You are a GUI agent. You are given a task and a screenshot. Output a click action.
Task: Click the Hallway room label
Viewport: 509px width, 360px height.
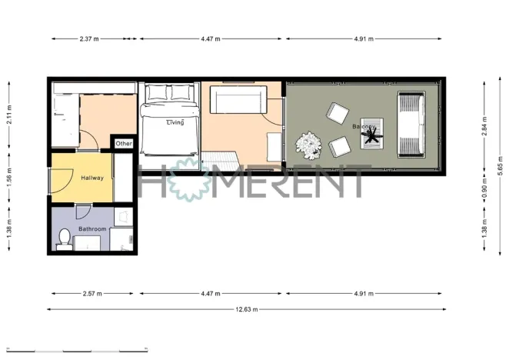coord(92,178)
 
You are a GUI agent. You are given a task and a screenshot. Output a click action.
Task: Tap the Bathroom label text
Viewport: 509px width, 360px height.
coord(91,228)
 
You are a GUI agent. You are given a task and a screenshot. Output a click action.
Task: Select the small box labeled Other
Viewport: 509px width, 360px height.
coord(124,144)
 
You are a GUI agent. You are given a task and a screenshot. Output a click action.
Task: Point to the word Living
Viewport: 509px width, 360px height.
coord(175,122)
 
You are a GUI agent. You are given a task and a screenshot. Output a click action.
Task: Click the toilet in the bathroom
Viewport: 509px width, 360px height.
coord(65,238)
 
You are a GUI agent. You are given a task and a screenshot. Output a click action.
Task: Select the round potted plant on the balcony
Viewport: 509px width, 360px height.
coord(309,144)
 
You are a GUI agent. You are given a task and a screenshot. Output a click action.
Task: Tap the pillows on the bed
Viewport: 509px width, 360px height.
coord(171,93)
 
